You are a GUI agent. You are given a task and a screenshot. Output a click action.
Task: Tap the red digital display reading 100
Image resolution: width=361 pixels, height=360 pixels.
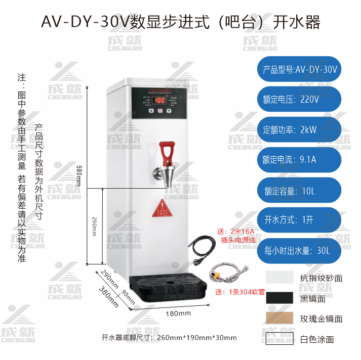coord(159,100)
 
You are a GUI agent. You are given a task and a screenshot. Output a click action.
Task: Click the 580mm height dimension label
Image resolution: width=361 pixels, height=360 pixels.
coord(78,175)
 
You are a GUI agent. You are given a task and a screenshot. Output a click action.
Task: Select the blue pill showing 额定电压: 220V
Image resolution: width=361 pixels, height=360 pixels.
coord(298,99)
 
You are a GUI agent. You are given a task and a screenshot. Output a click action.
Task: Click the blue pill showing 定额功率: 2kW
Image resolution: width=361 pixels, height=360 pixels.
coord(298,129)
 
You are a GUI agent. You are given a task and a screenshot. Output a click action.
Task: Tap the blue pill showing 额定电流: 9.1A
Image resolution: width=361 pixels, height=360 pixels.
coord(298,160)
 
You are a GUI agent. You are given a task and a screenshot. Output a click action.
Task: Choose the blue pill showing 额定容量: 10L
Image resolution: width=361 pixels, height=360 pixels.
coord(298,191)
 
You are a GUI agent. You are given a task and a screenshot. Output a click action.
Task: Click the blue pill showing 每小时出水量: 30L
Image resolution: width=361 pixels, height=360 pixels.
coord(298,249)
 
